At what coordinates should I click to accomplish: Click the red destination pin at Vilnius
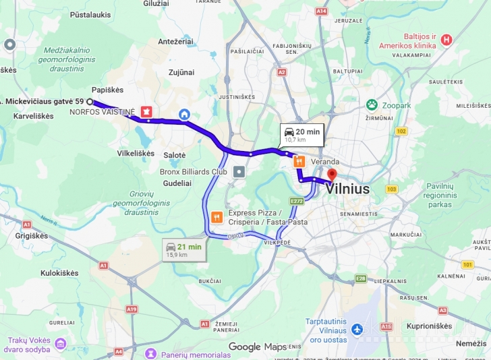(x=332, y=174)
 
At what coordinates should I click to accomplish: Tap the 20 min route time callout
(x=301, y=135)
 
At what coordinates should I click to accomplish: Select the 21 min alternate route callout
(x=184, y=250)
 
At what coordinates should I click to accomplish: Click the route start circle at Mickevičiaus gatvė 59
(x=90, y=101)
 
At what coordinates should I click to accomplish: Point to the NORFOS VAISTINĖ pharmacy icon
(x=146, y=111)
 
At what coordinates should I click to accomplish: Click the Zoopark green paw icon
(x=372, y=104)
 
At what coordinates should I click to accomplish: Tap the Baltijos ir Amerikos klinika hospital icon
(x=446, y=40)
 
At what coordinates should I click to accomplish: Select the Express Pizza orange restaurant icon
(x=216, y=217)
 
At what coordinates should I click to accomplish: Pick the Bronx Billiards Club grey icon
(x=239, y=172)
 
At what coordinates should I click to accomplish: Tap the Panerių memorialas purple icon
(x=151, y=354)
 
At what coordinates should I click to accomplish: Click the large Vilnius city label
(x=347, y=189)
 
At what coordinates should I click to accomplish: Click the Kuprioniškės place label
(x=429, y=326)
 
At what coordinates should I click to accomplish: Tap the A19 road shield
(x=132, y=309)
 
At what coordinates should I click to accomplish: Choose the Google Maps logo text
(x=257, y=347)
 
